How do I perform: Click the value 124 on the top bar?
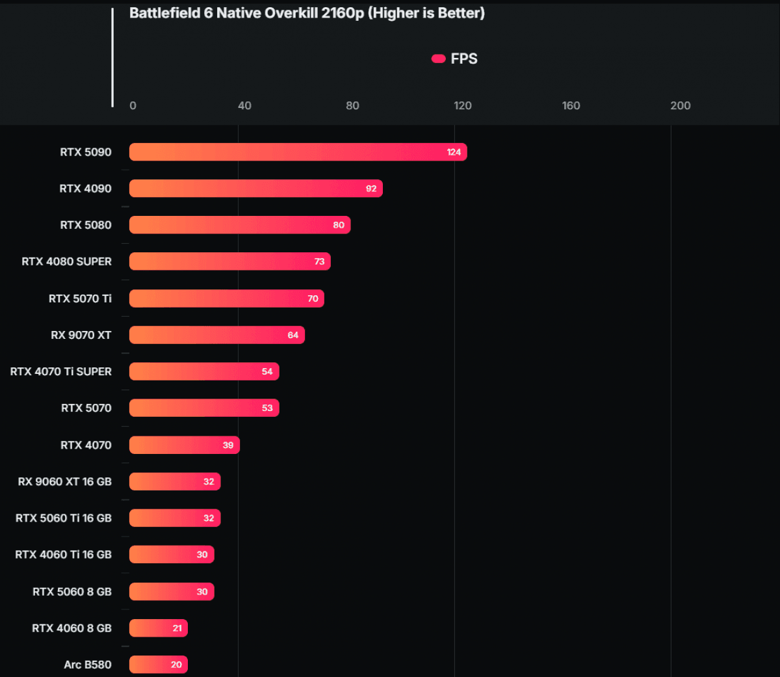pos(454,152)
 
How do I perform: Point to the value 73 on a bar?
pos(319,261)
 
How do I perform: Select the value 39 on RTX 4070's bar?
pos(228,445)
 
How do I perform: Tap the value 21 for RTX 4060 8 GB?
pos(177,628)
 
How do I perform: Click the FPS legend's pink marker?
pos(439,59)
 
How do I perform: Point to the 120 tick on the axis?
pos(463,105)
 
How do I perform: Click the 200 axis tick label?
pos(681,105)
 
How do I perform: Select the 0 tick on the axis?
pos(133,105)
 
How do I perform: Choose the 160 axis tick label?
pos(571,105)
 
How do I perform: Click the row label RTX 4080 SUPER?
pos(66,261)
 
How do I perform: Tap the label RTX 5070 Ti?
pos(80,299)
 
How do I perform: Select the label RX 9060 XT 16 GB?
pos(64,482)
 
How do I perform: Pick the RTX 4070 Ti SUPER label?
pos(60,371)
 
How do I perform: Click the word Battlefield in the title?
pos(164,13)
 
